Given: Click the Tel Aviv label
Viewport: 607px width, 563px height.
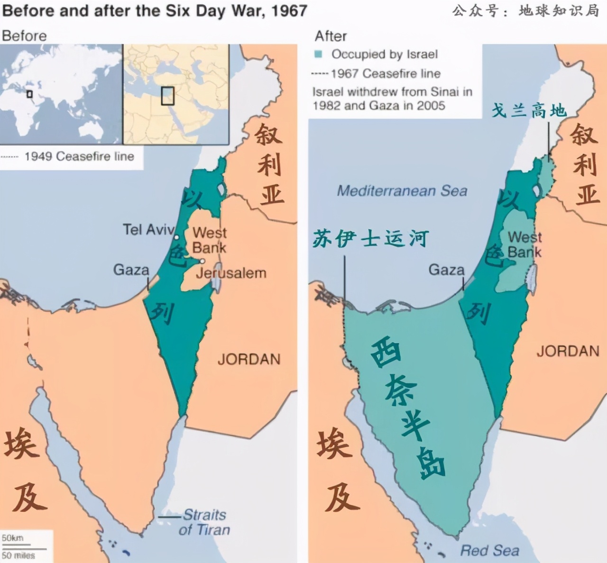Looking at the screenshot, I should point(148,230).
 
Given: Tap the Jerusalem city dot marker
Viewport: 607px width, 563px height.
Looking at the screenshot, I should point(202,261).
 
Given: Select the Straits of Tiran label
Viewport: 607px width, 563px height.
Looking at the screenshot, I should point(204,522).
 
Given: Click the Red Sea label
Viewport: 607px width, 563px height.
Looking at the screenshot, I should point(489,551).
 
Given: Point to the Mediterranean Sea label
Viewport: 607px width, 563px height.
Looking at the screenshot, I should point(402,191).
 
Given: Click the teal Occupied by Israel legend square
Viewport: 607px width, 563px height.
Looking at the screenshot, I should point(319,54).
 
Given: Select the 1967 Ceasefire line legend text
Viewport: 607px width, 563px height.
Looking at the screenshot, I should point(386,74).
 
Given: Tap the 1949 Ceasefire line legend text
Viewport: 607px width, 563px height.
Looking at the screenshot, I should point(79,156).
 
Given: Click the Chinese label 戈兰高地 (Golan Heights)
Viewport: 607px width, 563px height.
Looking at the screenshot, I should point(529,110).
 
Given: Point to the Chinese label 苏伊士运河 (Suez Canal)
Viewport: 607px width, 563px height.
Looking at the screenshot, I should point(370,238).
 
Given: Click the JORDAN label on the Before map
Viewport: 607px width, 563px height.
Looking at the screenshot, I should point(249,359).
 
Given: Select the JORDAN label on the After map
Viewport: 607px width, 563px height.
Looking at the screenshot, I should point(568,351).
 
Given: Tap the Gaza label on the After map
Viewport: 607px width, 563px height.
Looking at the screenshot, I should point(446,270).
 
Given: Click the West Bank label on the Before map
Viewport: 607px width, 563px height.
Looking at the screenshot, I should point(209,240).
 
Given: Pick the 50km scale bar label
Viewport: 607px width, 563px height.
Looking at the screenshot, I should point(12,538).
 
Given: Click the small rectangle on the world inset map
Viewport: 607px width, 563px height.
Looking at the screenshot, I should point(29,94).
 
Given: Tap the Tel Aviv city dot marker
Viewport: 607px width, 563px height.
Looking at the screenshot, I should point(176,237).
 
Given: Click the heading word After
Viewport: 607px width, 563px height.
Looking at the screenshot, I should point(331,36).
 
